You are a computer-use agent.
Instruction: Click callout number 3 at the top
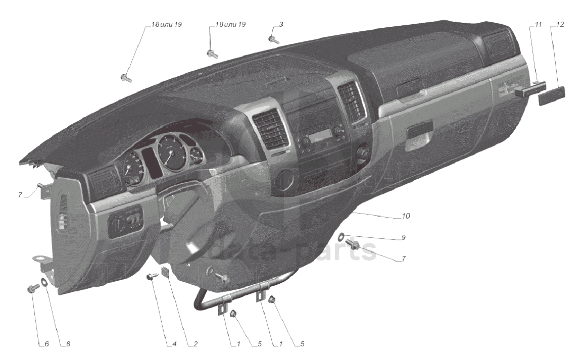281,24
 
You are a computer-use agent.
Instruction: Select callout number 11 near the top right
539,24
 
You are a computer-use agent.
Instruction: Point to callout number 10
406,216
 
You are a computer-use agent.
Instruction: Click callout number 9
403,237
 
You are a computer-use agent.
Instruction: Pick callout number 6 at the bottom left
46,344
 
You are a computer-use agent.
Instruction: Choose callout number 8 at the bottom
68,344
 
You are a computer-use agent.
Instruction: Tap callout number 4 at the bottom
174,344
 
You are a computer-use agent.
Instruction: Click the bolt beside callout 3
273,39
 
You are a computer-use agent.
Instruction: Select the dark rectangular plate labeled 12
551,94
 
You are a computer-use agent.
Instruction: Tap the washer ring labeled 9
342,235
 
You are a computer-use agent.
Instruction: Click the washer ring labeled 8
44,282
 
